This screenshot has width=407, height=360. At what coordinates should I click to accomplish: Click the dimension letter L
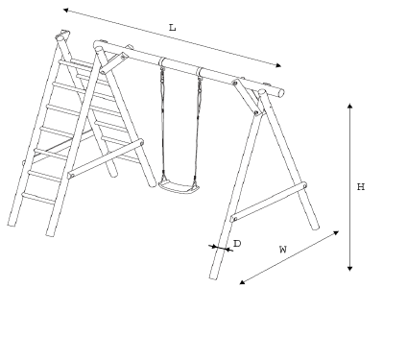173,28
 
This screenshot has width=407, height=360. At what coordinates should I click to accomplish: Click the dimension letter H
361,186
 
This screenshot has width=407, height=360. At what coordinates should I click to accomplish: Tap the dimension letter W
283,250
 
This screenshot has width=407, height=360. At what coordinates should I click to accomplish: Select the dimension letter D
237,244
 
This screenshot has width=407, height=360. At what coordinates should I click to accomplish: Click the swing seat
179,186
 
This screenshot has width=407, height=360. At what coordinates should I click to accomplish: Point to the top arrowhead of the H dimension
350,106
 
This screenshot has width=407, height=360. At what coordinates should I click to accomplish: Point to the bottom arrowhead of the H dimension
350,268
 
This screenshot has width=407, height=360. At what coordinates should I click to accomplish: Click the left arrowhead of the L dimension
66,11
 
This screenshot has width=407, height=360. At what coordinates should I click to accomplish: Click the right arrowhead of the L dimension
278,65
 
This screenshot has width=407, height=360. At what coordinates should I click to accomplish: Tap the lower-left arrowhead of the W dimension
243,281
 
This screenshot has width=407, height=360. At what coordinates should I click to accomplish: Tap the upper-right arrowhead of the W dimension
336,232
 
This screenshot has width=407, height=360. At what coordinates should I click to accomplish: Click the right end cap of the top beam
281,93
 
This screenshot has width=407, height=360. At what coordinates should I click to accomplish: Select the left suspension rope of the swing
163,123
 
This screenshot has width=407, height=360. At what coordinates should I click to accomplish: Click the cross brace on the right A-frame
269,203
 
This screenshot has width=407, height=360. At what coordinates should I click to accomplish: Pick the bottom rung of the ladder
38,199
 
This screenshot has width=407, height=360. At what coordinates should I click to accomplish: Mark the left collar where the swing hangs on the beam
162,62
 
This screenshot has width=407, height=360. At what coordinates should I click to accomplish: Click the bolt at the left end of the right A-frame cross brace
234,219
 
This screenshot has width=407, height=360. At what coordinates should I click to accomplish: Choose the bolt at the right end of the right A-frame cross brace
304,185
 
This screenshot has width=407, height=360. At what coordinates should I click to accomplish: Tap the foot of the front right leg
214,276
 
